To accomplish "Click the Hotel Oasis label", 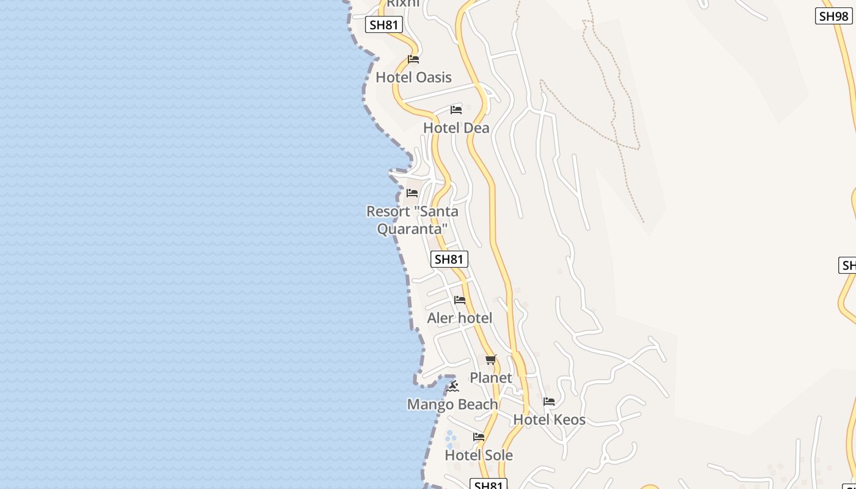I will point(413,78).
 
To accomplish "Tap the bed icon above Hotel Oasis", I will point(413,59).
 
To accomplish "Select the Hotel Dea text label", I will point(456,128).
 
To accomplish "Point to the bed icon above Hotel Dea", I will point(456,110).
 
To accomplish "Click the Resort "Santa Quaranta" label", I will point(412,220).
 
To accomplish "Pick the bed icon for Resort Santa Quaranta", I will point(412,193).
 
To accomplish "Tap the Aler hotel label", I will point(459,318).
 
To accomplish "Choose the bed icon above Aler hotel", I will point(460,300).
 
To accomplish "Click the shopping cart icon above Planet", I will point(490,359).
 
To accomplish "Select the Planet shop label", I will point(490,378).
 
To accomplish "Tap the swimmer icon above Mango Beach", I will point(453,386).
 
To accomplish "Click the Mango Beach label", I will point(452,405).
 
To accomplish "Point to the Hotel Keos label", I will point(549,420).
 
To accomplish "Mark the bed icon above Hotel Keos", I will point(549,402).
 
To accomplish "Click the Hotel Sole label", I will point(479,455).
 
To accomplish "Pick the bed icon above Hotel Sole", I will point(479,437).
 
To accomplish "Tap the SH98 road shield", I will point(833,16).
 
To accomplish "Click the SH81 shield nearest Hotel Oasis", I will point(384,25).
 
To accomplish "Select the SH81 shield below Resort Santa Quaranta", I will point(449,259).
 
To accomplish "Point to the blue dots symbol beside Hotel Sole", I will point(451,439).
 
